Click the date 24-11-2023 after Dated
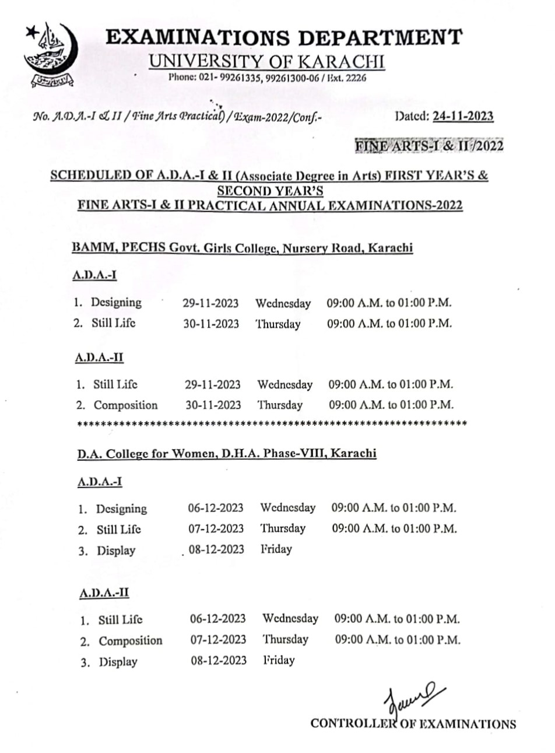coord(463,116)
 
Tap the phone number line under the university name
coord(267,78)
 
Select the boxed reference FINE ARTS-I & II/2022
coord(429,146)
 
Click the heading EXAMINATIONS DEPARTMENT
coord(284,37)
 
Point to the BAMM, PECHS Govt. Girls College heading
coord(242,248)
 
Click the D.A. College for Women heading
coord(227,453)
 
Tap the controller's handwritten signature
coord(412,699)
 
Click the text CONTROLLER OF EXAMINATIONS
coord(413,724)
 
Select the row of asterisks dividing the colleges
coord(272,423)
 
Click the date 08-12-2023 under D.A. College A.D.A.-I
coord(216,549)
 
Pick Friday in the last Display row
coord(279,660)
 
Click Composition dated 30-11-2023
coord(126,405)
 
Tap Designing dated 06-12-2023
coord(121,509)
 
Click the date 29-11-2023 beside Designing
coord(210,303)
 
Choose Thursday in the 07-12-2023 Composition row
coord(285,639)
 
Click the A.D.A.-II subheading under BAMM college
coord(99,358)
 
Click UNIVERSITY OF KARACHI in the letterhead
coord(266,61)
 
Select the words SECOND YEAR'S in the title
coord(270,191)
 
